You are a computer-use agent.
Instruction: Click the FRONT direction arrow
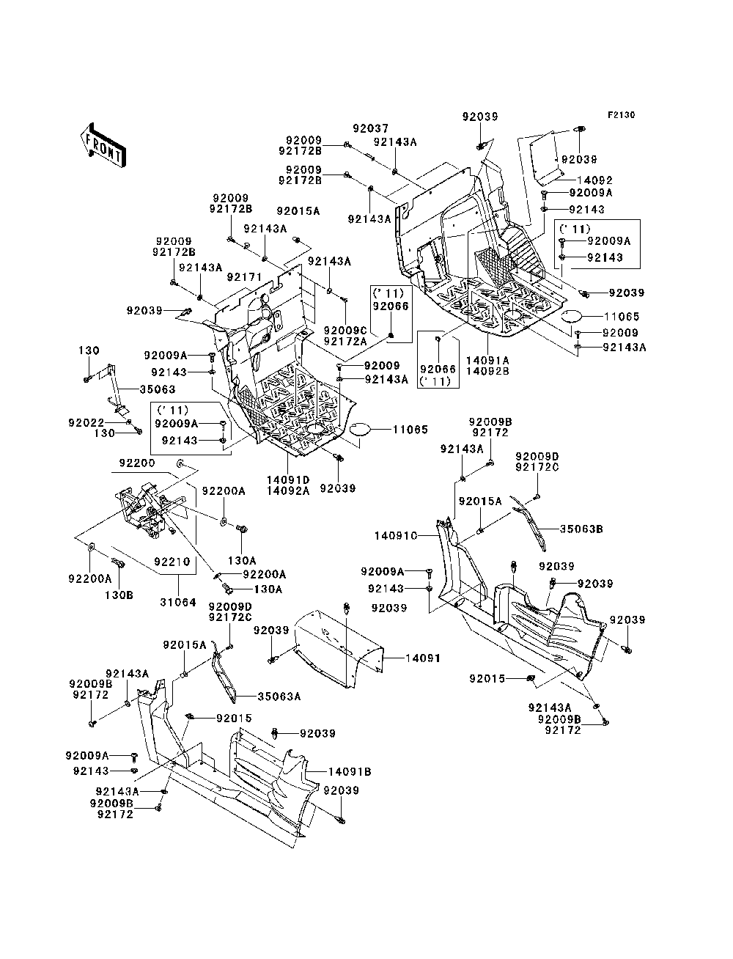(103, 145)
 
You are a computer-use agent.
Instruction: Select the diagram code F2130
(621, 115)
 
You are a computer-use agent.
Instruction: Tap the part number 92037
(371, 128)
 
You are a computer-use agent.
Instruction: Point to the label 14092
(594, 180)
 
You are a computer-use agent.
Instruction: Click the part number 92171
(245, 277)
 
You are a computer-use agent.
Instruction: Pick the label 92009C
(345, 331)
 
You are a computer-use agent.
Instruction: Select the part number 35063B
(581, 529)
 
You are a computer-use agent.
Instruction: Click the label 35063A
(279, 697)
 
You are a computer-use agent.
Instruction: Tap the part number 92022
(86, 422)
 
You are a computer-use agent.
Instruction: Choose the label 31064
(178, 602)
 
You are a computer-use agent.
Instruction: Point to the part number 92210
(172, 562)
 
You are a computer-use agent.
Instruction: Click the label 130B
(119, 595)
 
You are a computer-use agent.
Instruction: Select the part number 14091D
(288, 480)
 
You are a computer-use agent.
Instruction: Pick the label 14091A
(487, 361)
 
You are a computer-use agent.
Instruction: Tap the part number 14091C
(397, 536)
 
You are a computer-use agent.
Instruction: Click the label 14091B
(350, 772)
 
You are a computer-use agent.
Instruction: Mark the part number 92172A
(345, 341)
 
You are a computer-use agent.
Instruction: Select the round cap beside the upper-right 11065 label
(570, 316)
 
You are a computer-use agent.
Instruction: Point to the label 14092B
(487, 371)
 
